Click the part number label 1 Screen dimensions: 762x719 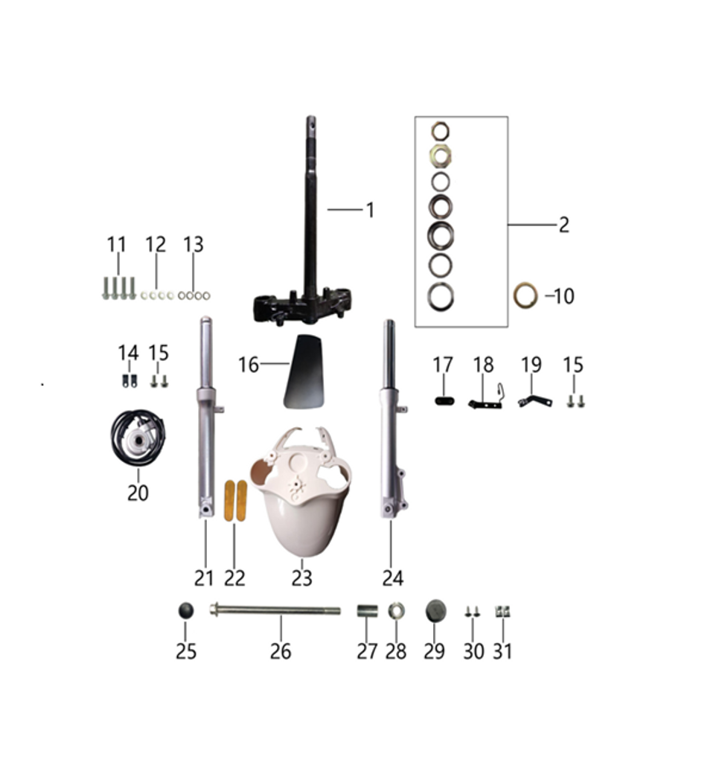coord(369,211)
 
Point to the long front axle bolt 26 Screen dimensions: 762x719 coord(275,611)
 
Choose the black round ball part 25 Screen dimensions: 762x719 coord(185,611)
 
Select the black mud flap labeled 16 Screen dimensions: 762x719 coord(304,371)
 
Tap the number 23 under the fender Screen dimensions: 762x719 coord(301,578)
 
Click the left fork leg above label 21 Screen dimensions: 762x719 coord(206,417)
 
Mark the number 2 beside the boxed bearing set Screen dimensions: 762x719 coord(563,225)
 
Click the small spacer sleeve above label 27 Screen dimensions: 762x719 coord(366,611)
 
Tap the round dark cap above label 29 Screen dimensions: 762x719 coord(435,611)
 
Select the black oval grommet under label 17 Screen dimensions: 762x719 coord(444,401)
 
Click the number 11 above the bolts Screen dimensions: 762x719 coord(117,245)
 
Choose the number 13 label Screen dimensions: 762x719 coord(193,245)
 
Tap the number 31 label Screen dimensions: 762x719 coord(503,652)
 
